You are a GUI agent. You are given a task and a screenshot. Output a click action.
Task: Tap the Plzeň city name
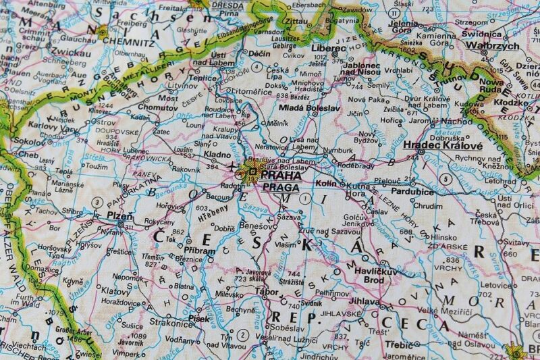click(120, 215)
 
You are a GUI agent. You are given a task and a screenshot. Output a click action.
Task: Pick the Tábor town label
click(267, 292)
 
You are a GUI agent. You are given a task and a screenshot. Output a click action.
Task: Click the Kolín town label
click(325, 183)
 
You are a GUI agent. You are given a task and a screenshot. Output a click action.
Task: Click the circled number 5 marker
click(445, 178)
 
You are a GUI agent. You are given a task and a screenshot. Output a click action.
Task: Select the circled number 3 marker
click(97, 202)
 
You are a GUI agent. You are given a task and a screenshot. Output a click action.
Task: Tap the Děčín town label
click(259, 53)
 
